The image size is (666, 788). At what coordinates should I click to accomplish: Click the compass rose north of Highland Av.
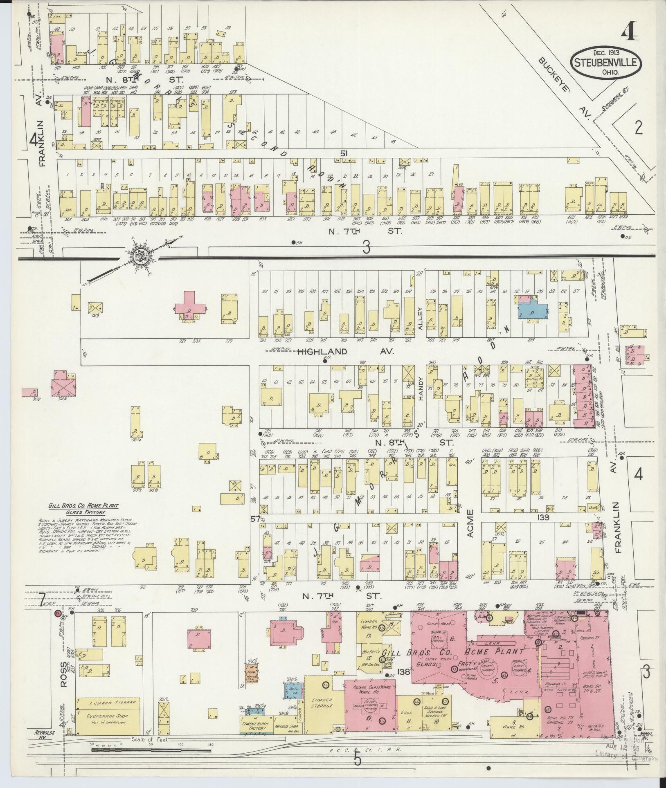pos(142,256)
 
